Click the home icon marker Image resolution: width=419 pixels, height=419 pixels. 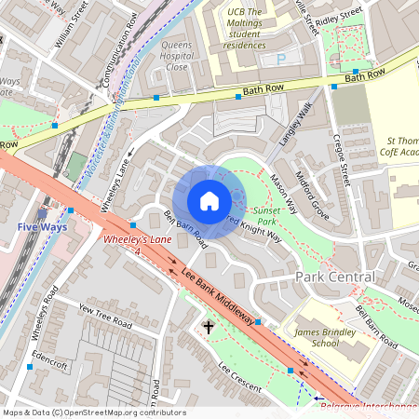point(209,201)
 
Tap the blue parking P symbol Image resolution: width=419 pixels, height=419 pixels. point(281,60)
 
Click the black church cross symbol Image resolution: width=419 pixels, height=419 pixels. point(209,327)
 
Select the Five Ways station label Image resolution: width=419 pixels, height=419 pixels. point(40,226)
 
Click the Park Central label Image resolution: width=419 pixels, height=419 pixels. point(334,277)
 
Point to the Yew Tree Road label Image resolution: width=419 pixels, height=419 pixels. point(108,313)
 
